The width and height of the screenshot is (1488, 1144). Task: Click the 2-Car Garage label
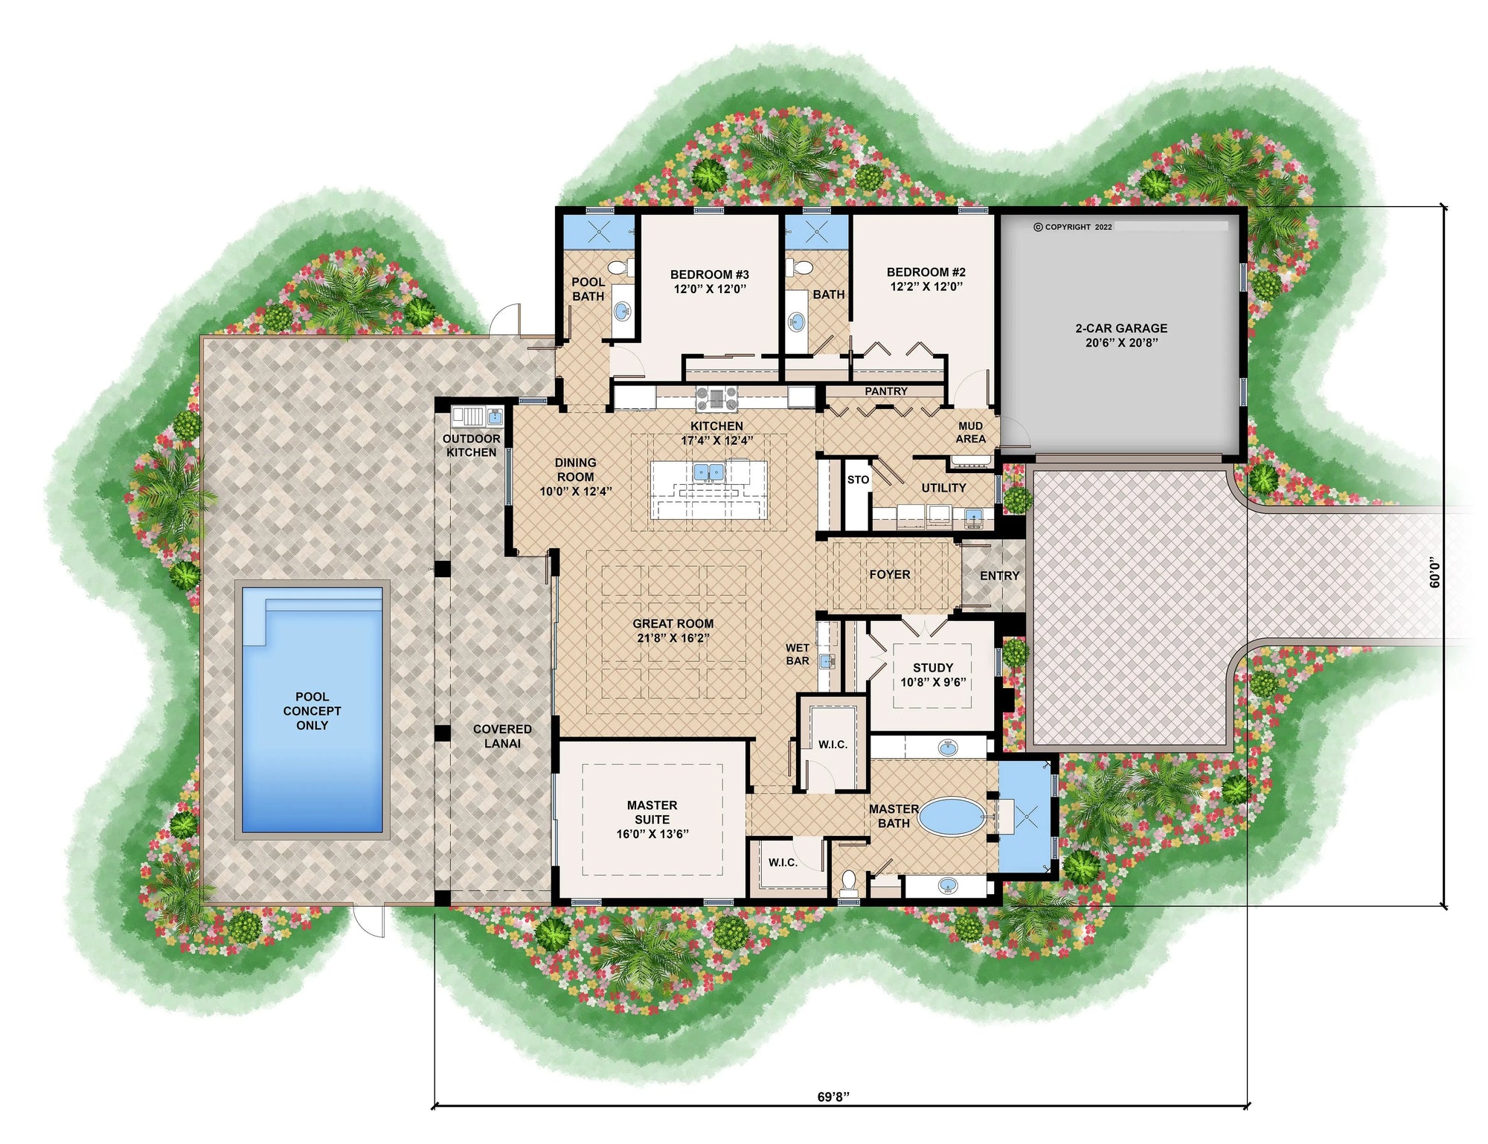click(1120, 328)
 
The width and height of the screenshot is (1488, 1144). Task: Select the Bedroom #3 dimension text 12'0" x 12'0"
click(710, 289)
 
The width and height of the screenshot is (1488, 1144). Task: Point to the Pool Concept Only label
click(312, 710)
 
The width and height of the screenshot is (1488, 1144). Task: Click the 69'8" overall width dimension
click(833, 1096)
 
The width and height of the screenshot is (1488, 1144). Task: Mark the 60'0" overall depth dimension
click(1434, 573)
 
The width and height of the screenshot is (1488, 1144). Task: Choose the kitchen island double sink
click(708, 472)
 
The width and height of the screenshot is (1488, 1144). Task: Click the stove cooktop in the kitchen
click(716, 399)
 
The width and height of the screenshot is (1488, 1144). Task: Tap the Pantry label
click(885, 391)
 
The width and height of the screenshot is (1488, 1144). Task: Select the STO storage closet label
click(858, 480)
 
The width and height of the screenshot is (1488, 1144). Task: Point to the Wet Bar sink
click(826, 661)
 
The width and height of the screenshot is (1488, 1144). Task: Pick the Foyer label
click(889, 574)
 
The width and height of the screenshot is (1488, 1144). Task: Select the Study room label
click(933, 667)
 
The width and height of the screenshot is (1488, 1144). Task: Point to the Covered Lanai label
click(502, 736)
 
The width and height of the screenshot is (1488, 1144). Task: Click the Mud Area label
click(970, 432)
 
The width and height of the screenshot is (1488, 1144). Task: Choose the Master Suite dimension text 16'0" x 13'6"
click(652, 834)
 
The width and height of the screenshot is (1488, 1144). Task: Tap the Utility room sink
click(972, 515)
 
